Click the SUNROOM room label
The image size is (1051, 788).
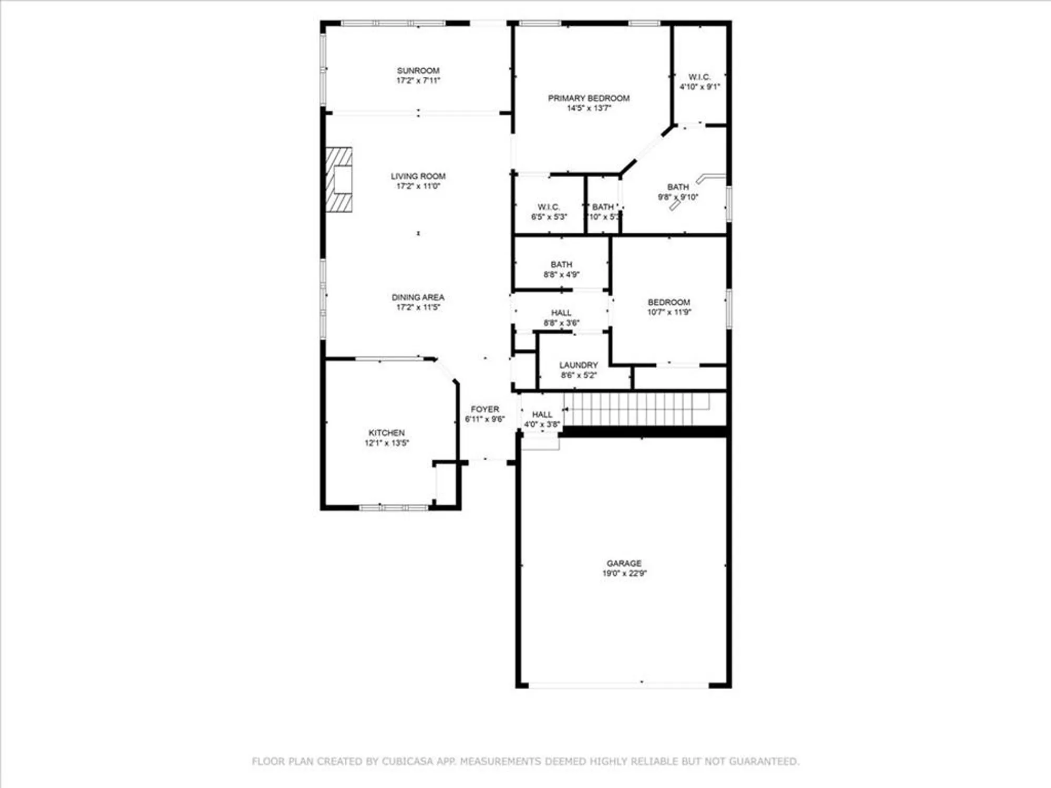click(x=418, y=70)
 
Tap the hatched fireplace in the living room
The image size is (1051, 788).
click(x=339, y=180)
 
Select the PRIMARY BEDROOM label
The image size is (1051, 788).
click(x=589, y=98)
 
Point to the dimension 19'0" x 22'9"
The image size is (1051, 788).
click(x=624, y=573)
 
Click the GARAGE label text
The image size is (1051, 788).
click(x=624, y=563)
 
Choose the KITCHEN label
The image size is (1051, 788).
click(x=386, y=433)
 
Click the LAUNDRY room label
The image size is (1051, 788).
click(x=578, y=365)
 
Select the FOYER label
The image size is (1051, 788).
click(x=485, y=409)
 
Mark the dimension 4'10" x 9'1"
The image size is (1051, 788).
click(x=699, y=87)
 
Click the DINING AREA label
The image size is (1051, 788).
click(x=418, y=297)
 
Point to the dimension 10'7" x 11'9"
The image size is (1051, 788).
click(x=668, y=312)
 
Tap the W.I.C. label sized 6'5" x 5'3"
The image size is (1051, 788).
click(x=549, y=207)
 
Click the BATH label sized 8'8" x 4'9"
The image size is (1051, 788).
click(x=561, y=265)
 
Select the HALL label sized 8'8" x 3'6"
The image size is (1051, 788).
click(x=561, y=313)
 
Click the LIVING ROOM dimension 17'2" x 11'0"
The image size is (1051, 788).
click(x=418, y=186)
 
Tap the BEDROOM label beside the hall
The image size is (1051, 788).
click(x=668, y=303)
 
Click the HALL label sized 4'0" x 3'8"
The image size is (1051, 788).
click(x=542, y=414)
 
